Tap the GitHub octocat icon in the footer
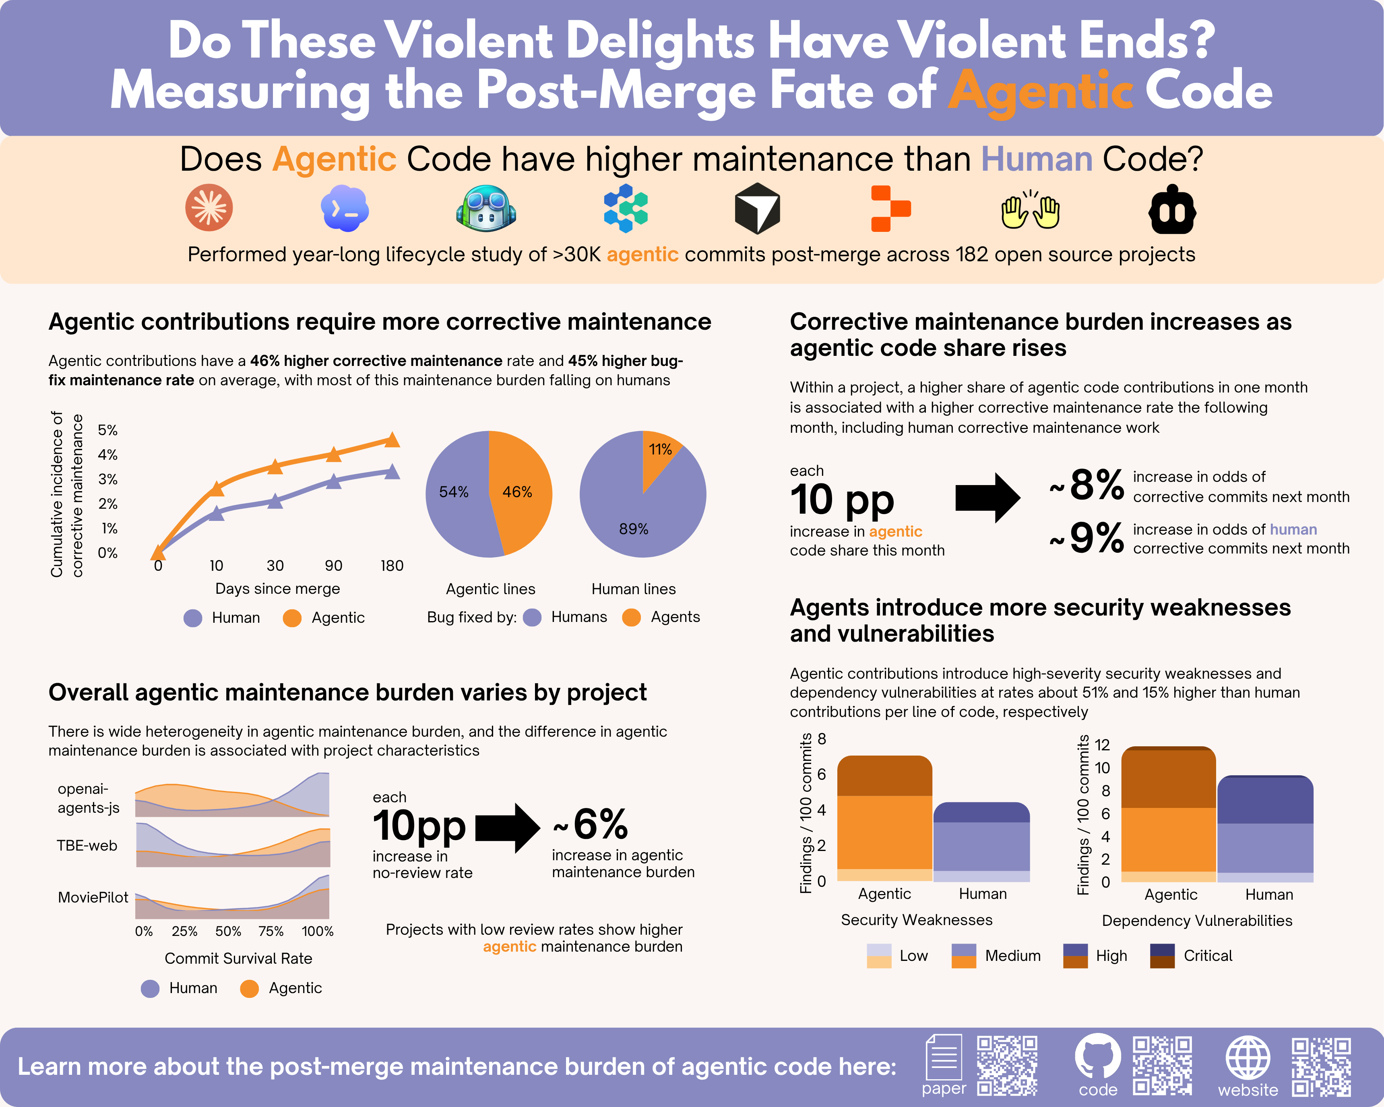(x=1098, y=1055)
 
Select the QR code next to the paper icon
(x=1006, y=1065)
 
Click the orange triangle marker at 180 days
(x=392, y=440)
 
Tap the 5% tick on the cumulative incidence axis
(x=107, y=430)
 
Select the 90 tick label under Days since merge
(x=333, y=565)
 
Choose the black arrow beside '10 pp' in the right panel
(x=988, y=498)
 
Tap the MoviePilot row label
(x=93, y=897)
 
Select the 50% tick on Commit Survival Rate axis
(x=228, y=931)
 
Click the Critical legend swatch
(x=1162, y=956)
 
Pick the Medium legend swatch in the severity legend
(x=964, y=956)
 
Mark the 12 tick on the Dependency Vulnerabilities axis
(x=1102, y=744)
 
